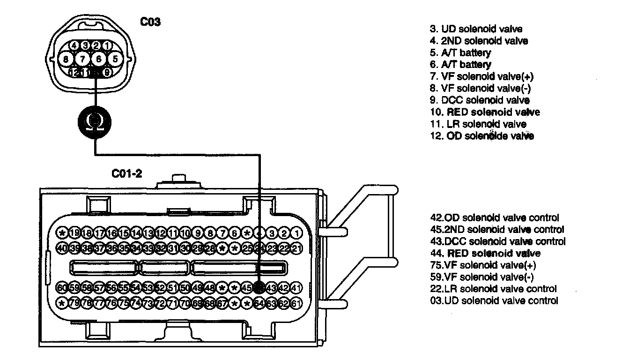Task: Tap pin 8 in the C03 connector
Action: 66,59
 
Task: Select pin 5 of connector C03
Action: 114,59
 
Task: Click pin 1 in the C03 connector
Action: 107,46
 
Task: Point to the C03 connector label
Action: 151,22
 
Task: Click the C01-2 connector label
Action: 126,174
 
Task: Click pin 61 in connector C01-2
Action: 296,302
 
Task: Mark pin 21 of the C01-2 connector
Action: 296,247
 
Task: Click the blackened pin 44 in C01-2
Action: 259,287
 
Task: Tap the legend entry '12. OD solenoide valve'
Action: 482,136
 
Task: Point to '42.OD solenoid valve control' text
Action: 494,218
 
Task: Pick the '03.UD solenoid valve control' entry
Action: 494,301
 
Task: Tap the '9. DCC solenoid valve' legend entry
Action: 480,100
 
